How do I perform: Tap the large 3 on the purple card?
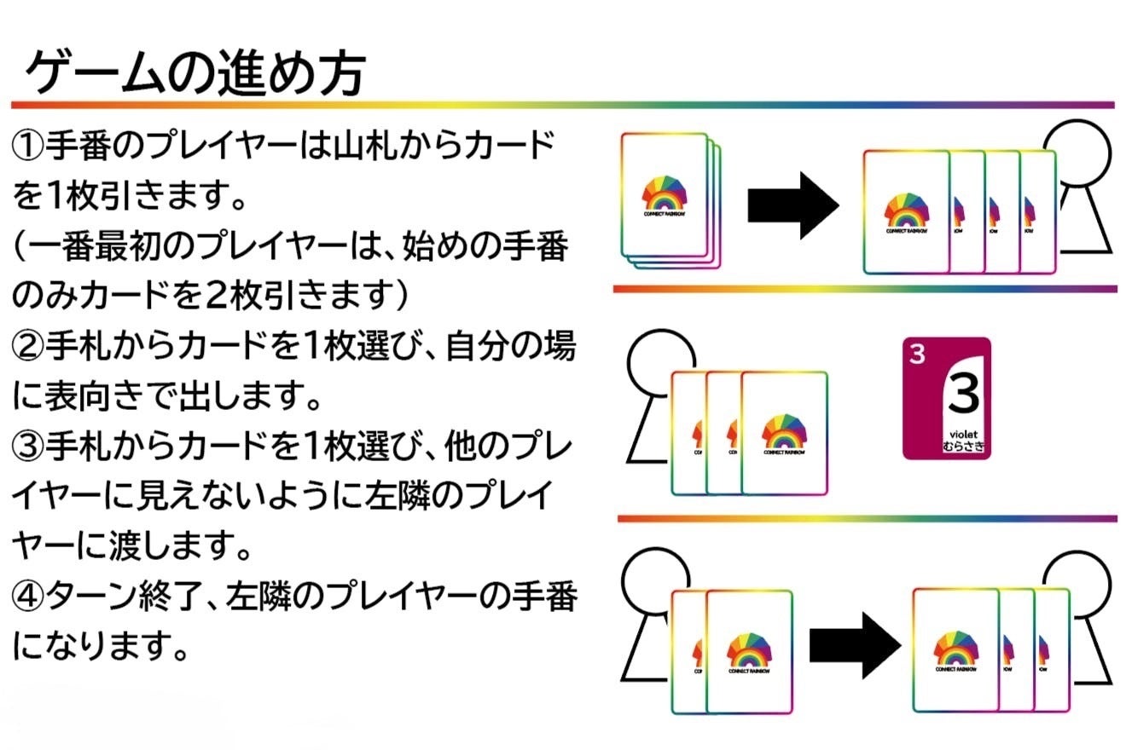964,395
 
